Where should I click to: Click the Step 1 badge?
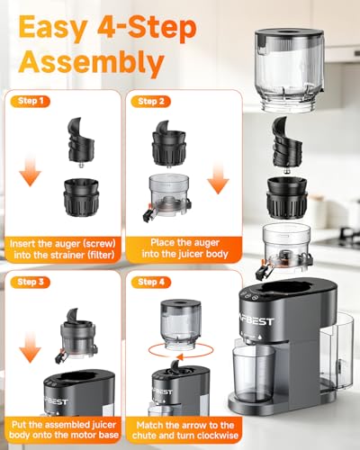[31, 101]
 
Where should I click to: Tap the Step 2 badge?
[151, 102]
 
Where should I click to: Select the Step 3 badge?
[31, 282]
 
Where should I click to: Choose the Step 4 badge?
[151, 282]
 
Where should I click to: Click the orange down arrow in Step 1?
[30, 170]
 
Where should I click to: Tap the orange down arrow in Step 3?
[30, 347]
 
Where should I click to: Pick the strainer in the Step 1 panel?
[81, 197]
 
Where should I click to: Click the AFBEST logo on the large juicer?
[259, 321]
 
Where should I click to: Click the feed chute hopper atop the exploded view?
[289, 70]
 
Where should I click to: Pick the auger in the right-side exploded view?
[287, 145]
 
